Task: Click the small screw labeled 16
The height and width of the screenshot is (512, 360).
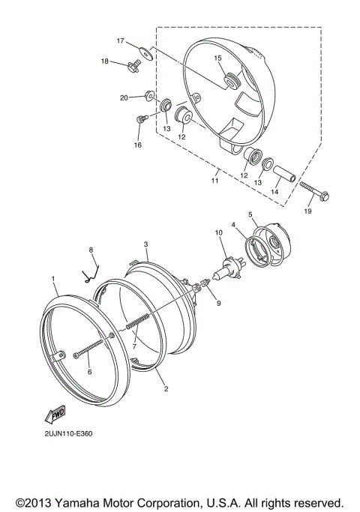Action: click(x=141, y=118)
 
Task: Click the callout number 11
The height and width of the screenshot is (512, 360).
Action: click(x=214, y=181)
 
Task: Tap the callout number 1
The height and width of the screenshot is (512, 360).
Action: click(x=54, y=279)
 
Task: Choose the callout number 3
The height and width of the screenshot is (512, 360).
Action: click(x=146, y=244)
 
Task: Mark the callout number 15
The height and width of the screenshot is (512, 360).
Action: click(x=217, y=57)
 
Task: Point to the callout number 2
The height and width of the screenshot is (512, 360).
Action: click(x=165, y=391)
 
